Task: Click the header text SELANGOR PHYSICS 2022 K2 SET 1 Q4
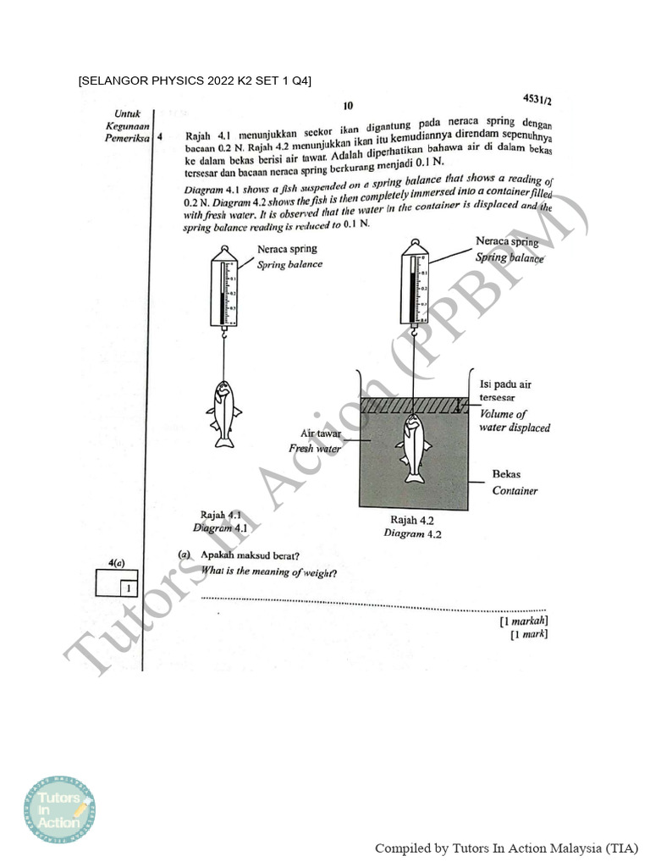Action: click(x=195, y=81)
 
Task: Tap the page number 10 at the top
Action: click(x=348, y=106)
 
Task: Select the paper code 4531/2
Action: click(x=537, y=100)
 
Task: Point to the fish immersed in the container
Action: click(x=415, y=447)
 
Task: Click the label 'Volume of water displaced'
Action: click(x=515, y=421)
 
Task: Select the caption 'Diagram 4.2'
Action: click(x=412, y=533)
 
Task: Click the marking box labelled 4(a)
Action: click(x=117, y=584)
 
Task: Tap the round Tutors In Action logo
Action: click(x=59, y=811)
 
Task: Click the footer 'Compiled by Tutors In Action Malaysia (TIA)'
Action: click(x=506, y=848)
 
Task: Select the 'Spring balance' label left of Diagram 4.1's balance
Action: click(x=290, y=264)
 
